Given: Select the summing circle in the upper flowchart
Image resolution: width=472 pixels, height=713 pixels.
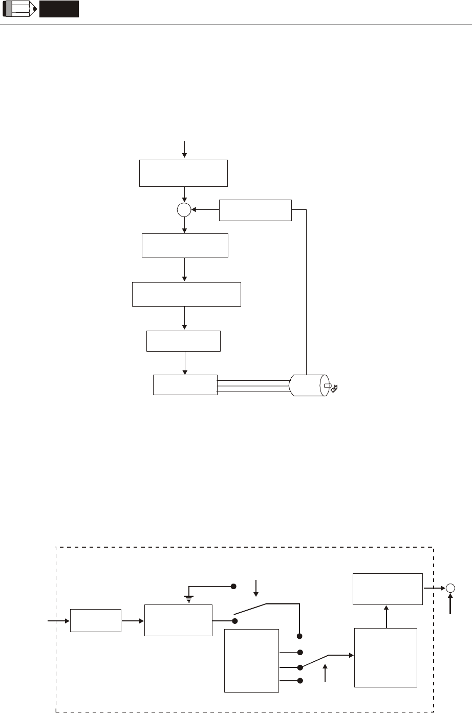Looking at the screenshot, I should [x=184, y=209].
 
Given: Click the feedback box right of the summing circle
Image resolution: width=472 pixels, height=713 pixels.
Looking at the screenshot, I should [x=255, y=210].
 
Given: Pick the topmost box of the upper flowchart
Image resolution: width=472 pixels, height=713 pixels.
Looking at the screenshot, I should [x=184, y=173].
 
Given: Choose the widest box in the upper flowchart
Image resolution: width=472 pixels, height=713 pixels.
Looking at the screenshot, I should [x=186, y=294].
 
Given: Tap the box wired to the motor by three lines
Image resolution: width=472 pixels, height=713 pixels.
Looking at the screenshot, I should [x=185, y=385].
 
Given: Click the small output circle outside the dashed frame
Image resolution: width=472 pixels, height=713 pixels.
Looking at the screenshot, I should [x=451, y=588].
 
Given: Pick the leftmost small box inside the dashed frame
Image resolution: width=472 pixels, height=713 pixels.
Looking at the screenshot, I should [x=96, y=621].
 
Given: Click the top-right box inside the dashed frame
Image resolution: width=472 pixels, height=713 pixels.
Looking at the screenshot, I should [x=388, y=589].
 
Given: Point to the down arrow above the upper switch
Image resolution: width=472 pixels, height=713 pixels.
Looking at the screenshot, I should [x=256, y=588].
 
